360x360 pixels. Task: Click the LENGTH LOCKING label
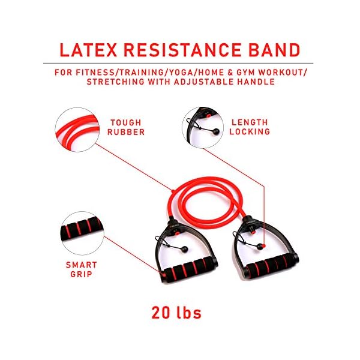pos(250,127)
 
